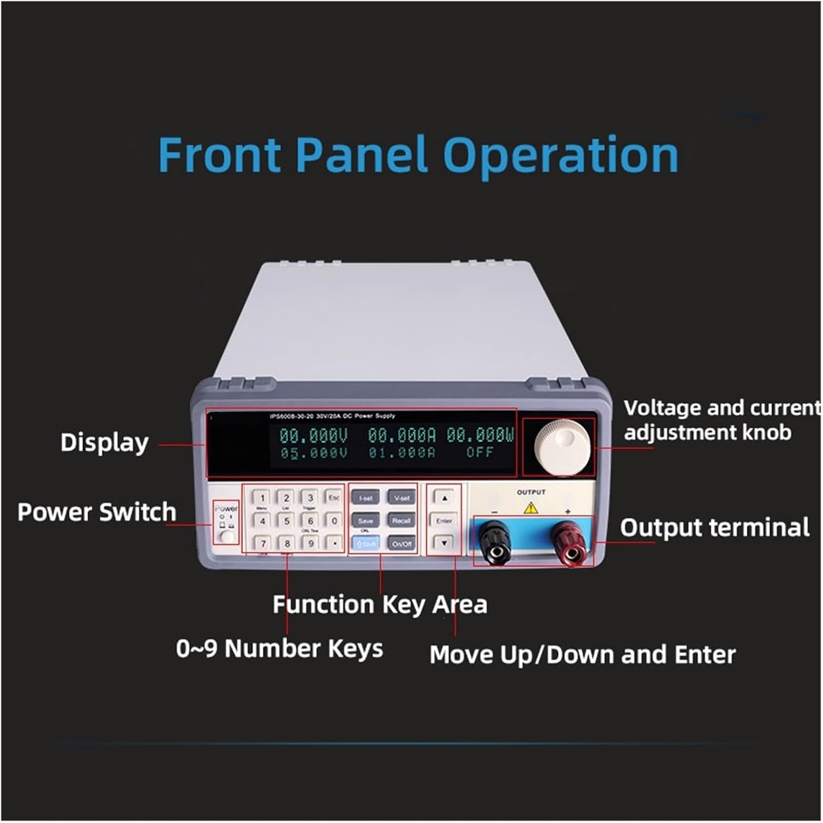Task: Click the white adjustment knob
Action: (562, 447)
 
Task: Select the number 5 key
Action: (286, 521)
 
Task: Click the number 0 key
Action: (334, 521)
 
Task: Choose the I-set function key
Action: (365, 498)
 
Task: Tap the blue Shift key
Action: (366, 544)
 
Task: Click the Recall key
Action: (402, 521)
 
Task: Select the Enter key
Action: (444, 521)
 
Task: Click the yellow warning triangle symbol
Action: (531, 508)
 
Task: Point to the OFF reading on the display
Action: (480, 453)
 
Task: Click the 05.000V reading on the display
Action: (314, 453)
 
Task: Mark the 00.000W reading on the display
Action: (480, 436)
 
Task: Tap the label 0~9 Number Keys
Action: (279, 649)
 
